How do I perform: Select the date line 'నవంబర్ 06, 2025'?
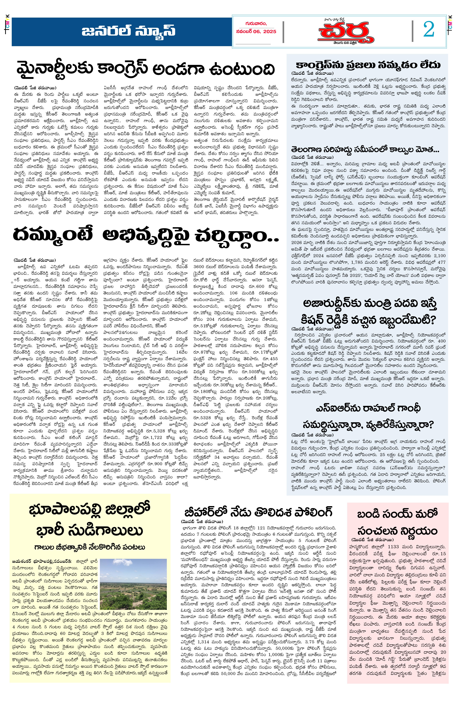pos(256,31)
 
